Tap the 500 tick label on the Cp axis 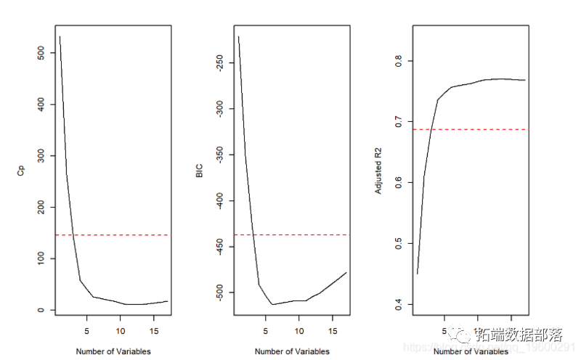(41, 53)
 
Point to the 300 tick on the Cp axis (41, 156)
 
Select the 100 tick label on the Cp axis (41, 258)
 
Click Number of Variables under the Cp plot (113, 352)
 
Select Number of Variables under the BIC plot (292, 352)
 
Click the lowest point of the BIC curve (272, 304)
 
